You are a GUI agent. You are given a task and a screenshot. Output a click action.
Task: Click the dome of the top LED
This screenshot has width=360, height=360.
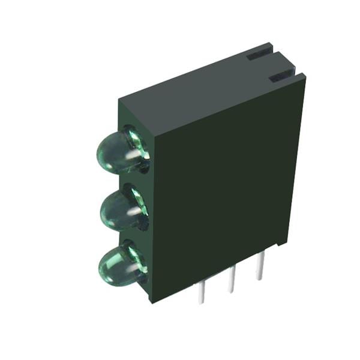(x=114, y=151)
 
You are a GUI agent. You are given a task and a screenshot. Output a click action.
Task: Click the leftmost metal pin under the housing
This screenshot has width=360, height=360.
(x=202, y=292)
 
